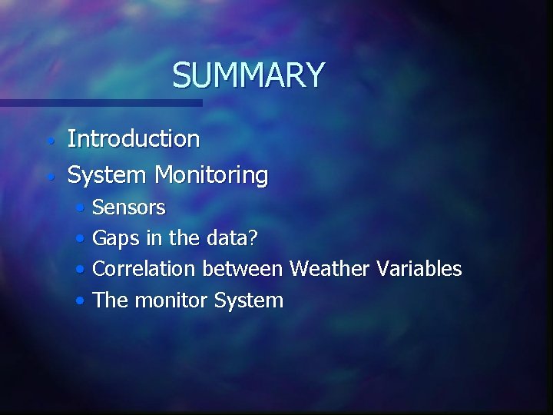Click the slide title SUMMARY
(248, 75)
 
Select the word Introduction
(134, 139)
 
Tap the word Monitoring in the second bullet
(211, 175)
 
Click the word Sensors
(128, 207)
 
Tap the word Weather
(329, 269)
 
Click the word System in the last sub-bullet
(249, 300)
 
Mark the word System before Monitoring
(108, 175)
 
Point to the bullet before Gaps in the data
(81, 240)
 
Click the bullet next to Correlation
(81, 271)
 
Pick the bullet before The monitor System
(81, 301)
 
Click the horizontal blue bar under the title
(100, 102)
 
